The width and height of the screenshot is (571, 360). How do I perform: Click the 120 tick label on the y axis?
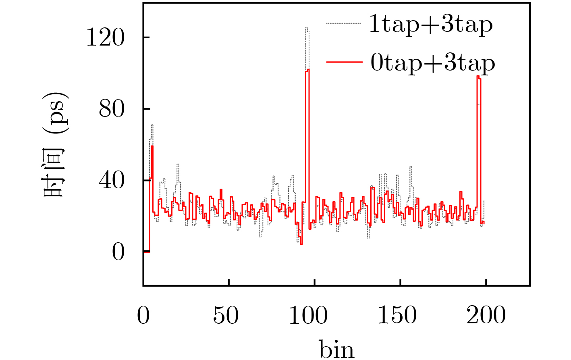coord(105,38)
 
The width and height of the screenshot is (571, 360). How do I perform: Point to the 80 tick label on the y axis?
coord(111,109)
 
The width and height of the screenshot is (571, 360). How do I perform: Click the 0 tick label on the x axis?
coord(143,315)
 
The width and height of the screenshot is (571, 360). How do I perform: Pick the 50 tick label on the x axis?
coord(226,315)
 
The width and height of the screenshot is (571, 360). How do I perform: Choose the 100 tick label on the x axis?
coord(308,315)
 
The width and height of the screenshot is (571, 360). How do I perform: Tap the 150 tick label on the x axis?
coord(397,315)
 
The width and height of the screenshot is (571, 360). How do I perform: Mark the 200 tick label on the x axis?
coord(486,315)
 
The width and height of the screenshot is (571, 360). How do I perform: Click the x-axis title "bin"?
coord(337,349)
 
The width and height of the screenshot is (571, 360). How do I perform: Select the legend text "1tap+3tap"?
coord(431,25)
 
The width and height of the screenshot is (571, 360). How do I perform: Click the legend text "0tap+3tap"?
coord(432,63)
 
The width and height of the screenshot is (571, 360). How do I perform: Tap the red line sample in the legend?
coord(343,62)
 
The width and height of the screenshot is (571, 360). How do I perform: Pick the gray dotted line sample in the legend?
coord(343,24)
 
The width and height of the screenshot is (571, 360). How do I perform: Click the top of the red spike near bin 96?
coord(308,70)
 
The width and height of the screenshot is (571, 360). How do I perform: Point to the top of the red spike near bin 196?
coord(478,76)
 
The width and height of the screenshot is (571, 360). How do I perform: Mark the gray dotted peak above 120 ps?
coord(307,28)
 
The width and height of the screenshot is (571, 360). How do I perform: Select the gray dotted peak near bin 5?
coord(152,125)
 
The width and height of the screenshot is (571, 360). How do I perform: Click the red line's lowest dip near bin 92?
coord(301,244)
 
